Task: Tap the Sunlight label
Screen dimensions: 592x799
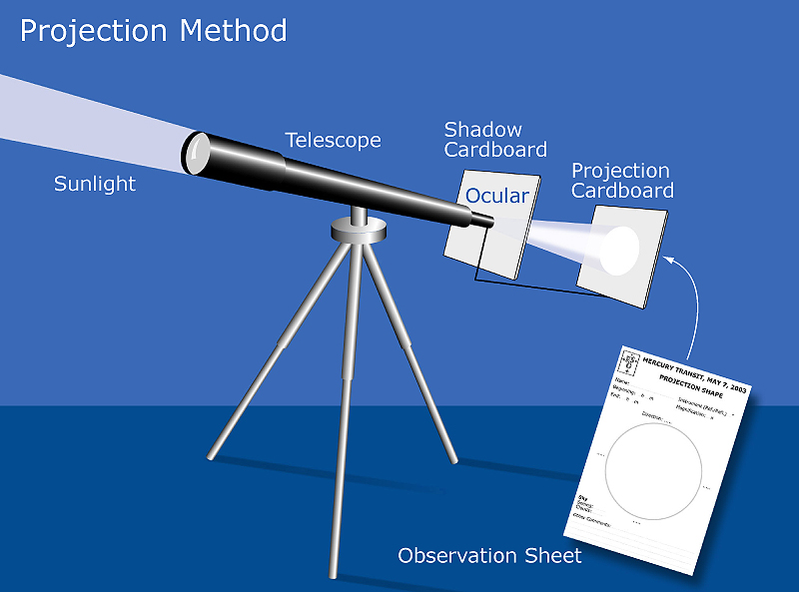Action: [95, 184]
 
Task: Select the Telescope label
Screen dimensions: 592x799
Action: [333, 141]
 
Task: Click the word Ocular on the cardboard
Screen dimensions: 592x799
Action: [496, 196]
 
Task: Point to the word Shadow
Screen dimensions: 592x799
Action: [483, 130]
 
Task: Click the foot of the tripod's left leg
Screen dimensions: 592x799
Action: [213, 455]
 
